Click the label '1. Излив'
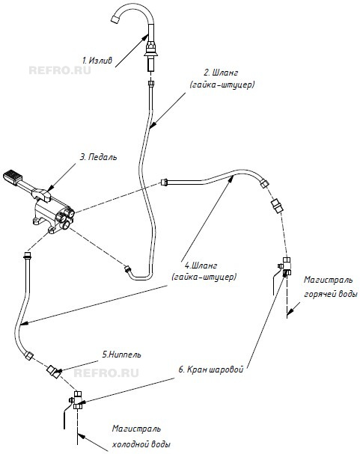(97, 61)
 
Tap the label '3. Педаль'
(99, 157)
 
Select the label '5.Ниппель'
(121, 355)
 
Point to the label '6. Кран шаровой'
(210, 369)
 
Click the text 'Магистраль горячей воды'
(330, 287)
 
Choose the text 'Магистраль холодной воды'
(141, 436)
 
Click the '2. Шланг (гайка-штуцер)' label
(222, 79)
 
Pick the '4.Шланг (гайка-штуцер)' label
(204, 272)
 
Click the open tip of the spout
(116, 19)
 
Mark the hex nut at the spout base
(151, 46)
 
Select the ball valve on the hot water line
(285, 266)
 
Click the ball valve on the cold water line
(77, 399)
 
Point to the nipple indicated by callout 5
(52, 370)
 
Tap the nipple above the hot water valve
(278, 205)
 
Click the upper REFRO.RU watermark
(60, 70)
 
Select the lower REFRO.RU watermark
(106, 373)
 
